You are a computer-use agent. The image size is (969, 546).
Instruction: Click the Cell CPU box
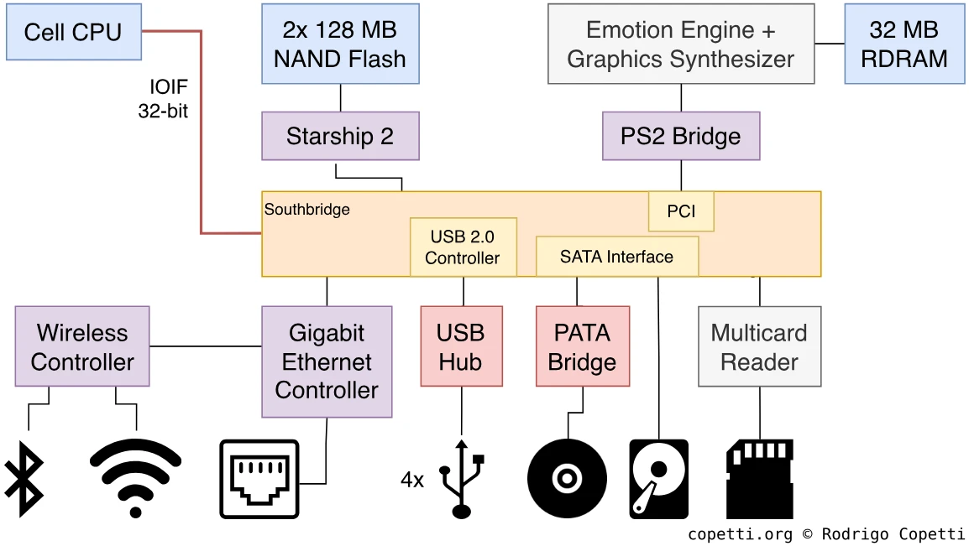click(73, 32)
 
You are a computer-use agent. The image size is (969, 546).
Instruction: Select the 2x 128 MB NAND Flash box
click(340, 44)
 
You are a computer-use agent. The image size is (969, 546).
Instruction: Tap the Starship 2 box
click(340, 137)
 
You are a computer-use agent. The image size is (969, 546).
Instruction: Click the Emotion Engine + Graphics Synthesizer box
click(681, 44)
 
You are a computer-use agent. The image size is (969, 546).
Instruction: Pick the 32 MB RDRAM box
click(904, 44)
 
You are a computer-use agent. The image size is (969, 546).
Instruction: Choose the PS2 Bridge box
click(681, 137)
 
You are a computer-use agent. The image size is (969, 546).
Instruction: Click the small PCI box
click(681, 211)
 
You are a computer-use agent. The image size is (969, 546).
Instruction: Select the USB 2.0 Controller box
click(463, 247)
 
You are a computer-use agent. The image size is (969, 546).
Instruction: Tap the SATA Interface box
click(617, 257)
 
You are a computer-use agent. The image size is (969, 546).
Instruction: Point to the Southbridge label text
click(307, 209)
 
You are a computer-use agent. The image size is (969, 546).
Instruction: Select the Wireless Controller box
click(82, 347)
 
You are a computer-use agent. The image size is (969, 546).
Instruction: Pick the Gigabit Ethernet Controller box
click(327, 361)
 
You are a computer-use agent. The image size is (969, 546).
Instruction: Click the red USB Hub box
click(461, 347)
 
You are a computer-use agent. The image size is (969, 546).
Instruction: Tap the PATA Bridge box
click(583, 347)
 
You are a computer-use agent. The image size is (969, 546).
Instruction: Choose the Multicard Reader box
click(760, 347)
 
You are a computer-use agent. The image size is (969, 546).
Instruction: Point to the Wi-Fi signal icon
click(135, 476)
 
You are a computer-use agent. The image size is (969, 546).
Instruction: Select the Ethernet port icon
click(259, 479)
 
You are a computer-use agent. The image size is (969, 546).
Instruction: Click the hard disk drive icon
click(658, 479)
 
